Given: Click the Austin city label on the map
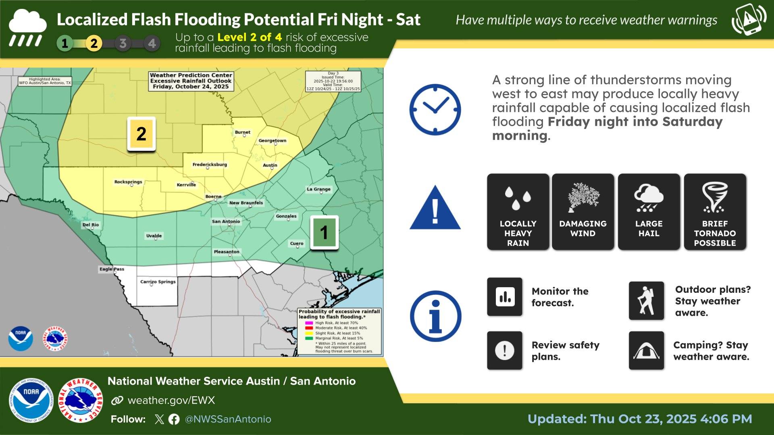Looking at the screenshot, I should coord(270,165).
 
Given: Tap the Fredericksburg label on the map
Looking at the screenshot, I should coord(210,164).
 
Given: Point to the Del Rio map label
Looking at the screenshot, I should coord(91,225).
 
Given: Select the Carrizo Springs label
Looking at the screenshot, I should coord(158,282).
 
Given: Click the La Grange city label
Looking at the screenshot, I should coord(318,189).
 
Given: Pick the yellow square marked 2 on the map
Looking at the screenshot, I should coord(141,134).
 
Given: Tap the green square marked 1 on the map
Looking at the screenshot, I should coord(324,232).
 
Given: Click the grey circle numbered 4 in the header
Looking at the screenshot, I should coord(152,43).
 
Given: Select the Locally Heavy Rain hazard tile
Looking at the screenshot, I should coord(518,212).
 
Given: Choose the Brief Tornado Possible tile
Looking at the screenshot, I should coord(715,212).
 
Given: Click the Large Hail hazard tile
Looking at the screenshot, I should coord(649,212).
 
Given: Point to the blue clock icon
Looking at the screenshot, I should coord(435,110).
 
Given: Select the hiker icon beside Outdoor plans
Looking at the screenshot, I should coord(646,301).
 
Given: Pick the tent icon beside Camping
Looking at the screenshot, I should coord(646,350).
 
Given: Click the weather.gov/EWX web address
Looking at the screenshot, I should coord(171,400).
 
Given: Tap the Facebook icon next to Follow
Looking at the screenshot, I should coord(174,419).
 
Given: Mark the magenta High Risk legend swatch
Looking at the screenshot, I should coord(309,323).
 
